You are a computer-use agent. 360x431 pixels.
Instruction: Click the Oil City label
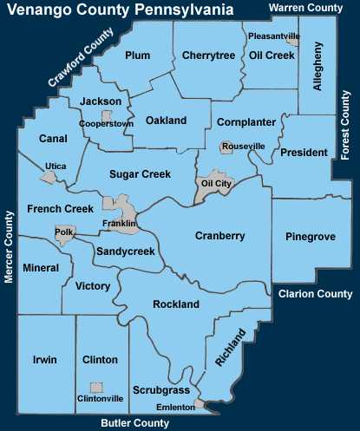point(216,184)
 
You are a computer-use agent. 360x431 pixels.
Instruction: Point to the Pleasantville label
point(273,36)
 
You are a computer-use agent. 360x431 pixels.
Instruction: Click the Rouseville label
point(243,147)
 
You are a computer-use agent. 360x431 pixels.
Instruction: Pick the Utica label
point(56,165)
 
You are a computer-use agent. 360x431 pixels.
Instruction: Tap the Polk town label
point(63,232)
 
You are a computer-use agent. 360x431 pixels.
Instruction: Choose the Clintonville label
point(100,399)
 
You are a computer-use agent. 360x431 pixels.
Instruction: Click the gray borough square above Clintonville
point(97,388)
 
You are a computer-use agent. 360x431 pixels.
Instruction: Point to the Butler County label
point(134,423)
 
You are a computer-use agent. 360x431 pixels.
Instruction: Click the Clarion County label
point(316,294)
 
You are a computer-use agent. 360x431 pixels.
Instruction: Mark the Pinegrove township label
point(311,236)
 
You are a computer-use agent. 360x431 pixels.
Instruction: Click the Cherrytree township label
point(209,56)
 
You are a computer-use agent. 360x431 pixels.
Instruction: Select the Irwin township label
point(44,358)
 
